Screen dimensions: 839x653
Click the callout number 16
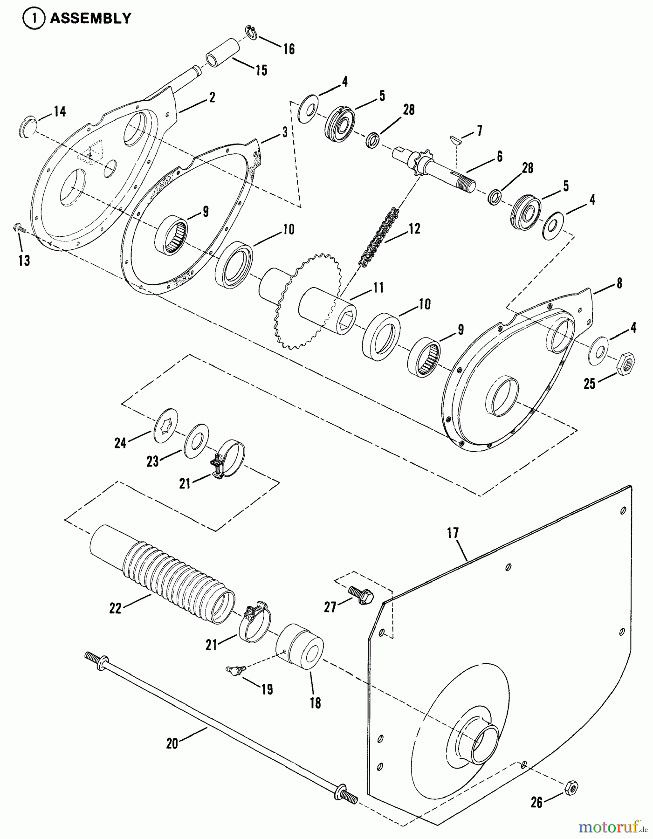289,48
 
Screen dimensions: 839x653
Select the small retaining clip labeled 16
252,33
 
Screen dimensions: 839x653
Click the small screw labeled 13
18,228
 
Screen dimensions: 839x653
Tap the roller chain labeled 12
378,238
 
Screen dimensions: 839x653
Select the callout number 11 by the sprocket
378,288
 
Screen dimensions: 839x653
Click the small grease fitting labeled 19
232,671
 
